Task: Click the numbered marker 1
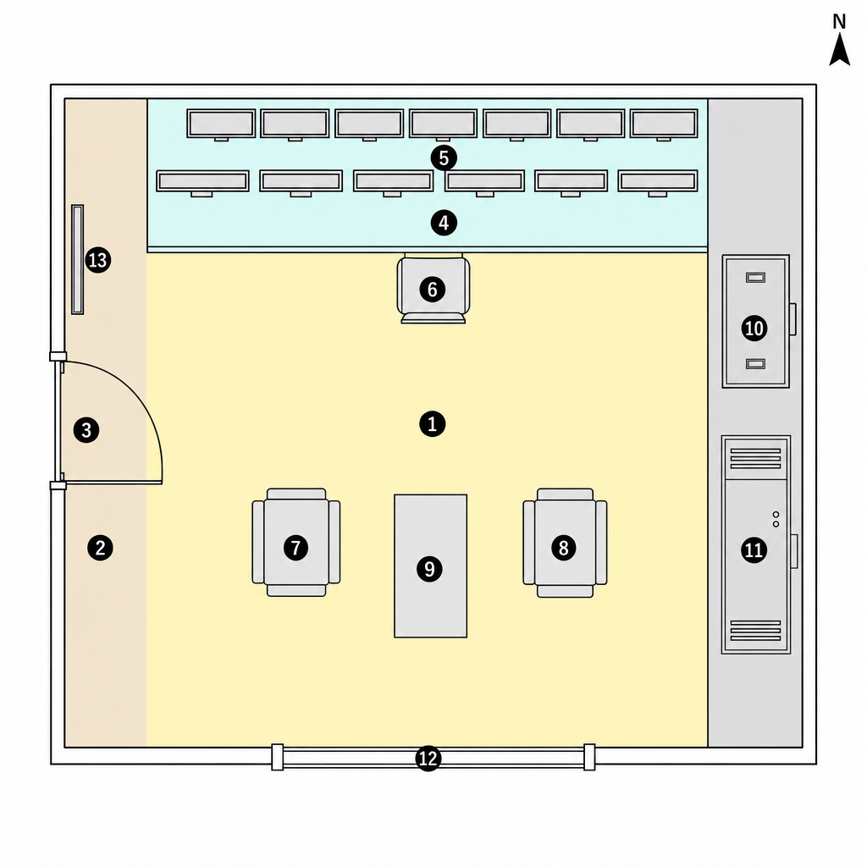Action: [x=433, y=424]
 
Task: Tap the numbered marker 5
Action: [x=444, y=158]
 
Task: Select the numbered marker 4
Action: [x=444, y=223]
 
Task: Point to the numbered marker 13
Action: [x=98, y=260]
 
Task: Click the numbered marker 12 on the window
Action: [x=428, y=758]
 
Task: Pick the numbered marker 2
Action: [x=100, y=548]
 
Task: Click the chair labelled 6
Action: [x=433, y=289]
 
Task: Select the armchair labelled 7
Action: [x=296, y=543]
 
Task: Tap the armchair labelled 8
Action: [x=565, y=543]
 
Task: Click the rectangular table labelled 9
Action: [x=431, y=566]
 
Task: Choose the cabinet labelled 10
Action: [x=756, y=321]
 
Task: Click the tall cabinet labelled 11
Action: [x=756, y=544]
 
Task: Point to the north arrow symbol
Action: [x=839, y=49]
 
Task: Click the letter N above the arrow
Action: [x=839, y=21]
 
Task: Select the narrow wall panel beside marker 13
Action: [x=77, y=260]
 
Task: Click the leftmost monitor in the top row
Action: [x=221, y=124]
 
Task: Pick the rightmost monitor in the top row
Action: [x=664, y=124]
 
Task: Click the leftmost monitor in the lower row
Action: [x=202, y=183]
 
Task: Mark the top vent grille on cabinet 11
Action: [x=755, y=458]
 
